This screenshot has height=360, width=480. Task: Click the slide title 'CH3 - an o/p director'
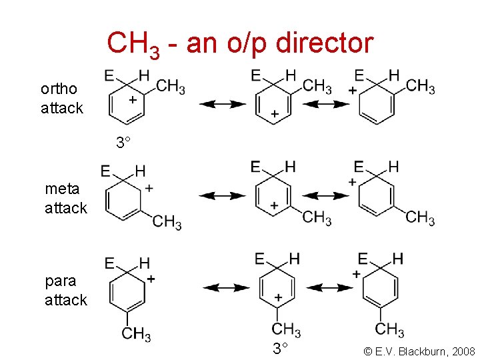click(240, 44)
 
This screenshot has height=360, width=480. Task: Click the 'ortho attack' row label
click(61, 98)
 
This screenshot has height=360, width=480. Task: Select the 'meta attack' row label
click(65, 198)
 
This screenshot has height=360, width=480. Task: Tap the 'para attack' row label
click(65, 290)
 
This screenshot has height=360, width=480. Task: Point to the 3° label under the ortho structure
click(123, 143)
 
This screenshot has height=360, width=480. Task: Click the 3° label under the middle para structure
click(280, 348)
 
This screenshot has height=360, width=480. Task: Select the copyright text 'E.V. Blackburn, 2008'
click(419, 350)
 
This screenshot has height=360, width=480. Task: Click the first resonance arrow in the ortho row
click(223, 103)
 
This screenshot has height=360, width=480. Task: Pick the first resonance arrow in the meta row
click(223, 195)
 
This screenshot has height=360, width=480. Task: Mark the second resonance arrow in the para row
click(331, 287)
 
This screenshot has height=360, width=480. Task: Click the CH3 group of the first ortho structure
click(171, 87)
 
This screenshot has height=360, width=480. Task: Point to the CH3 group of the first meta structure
click(167, 222)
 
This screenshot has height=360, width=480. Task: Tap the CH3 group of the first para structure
click(136, 333)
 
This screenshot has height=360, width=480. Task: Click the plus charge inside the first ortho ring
click(133, 99)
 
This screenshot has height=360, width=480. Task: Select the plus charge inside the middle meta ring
click(274, 205)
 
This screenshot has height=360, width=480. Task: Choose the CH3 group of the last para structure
click(389, 329)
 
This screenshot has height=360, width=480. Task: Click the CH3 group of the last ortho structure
click(420, 86)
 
